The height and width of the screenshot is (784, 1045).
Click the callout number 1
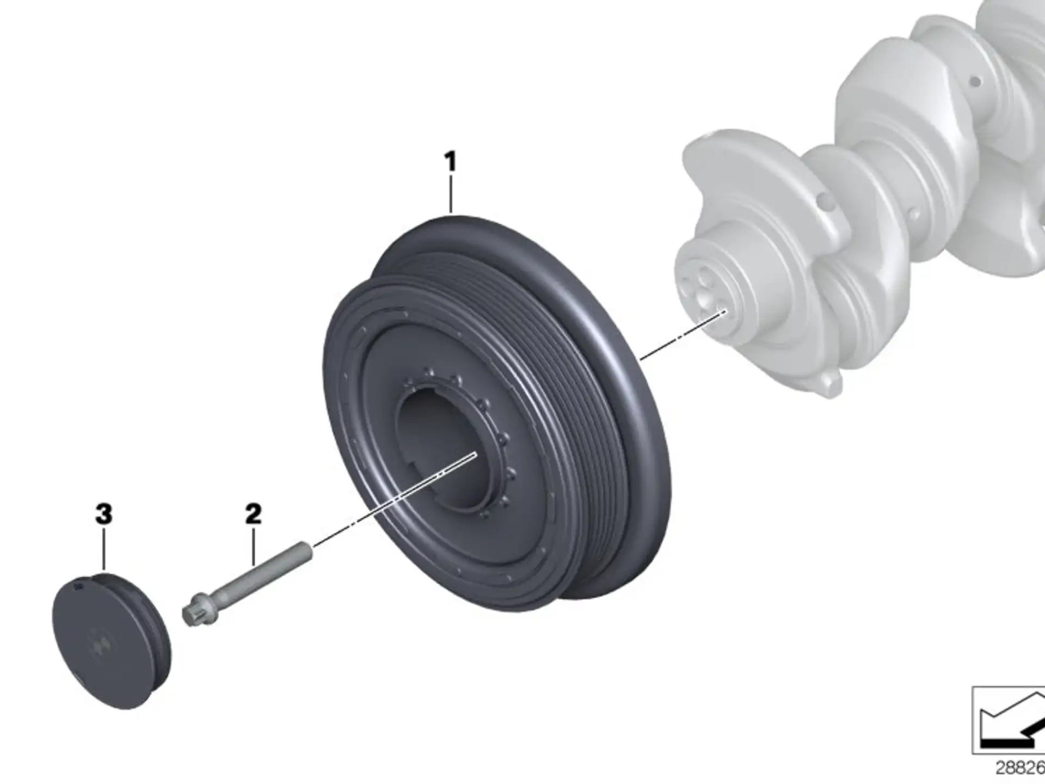click(x=450, y=162)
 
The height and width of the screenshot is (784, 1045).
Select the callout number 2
click(x=253, y=514)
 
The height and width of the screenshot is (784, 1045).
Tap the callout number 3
click(x=104, y=514)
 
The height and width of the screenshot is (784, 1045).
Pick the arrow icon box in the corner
click(x=1009, y=720)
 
